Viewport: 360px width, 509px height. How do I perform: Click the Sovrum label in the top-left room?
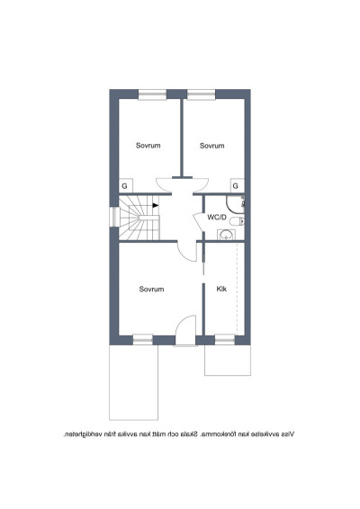click(x=148, y=146)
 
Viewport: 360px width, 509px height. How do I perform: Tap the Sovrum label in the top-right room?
click(x=211, y=146)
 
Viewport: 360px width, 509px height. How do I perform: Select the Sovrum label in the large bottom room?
click(x=151, y=289)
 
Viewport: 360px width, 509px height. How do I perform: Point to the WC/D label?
click(x=217, y=217)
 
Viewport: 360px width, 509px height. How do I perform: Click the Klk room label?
click(x=221, y=289)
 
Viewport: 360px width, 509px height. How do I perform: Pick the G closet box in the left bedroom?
click(x=126, y=185)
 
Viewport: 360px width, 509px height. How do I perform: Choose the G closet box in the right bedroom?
click(x=238, y=185)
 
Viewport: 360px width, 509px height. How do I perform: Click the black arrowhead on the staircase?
click(x=156, y=205)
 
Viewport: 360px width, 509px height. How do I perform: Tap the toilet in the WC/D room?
click(x=237, y=221)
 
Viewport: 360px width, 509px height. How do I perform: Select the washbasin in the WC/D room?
click(x=226, y=235)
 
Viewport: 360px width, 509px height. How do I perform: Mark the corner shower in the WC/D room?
click(x=236, y=204)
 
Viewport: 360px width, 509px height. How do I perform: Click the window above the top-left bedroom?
click(x=152, y=94)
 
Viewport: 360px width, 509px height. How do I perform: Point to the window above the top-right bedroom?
click(x=201, y=94)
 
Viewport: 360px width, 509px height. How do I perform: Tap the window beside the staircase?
click(x=114, y=217)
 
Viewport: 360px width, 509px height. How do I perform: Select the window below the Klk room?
click(x=225, y=340)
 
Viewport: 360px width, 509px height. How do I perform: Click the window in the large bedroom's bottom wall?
click(x=142, y=340)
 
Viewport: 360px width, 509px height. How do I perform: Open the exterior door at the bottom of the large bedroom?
click(x=185, y=330)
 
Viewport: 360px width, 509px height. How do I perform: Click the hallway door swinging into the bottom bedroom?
click(x=187, y=252)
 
